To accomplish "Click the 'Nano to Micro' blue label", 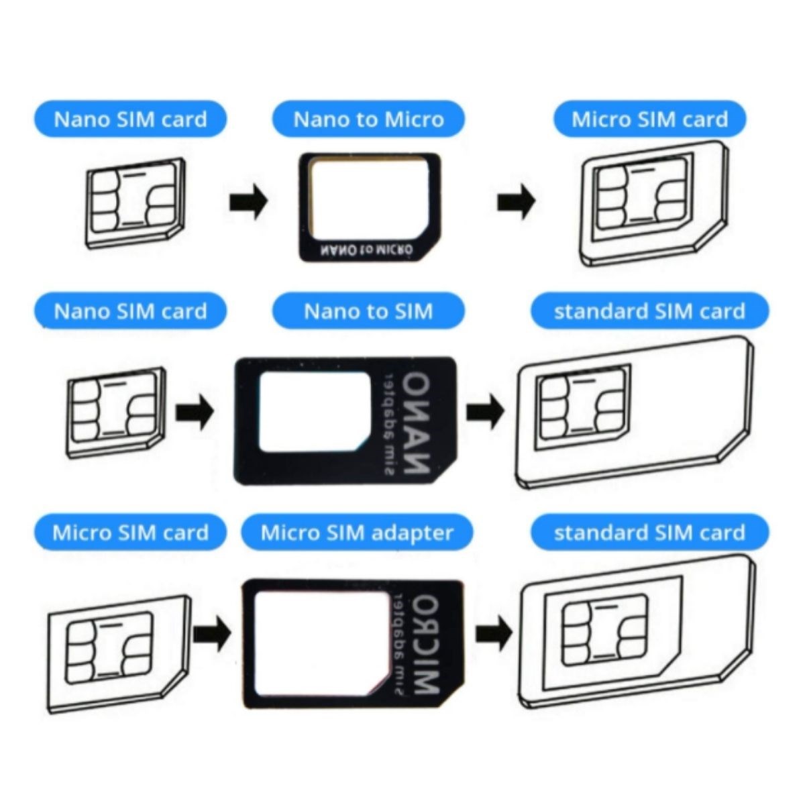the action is coord(368,119).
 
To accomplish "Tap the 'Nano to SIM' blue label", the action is coord(368,311).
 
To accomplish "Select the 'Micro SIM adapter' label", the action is coord(357,533).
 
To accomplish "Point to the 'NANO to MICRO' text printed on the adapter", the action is coord(366,250).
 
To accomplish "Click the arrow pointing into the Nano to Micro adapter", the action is coord(248,202).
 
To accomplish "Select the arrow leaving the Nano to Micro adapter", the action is coord(516,202).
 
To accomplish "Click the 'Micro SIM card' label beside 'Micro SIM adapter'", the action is coord(130,533).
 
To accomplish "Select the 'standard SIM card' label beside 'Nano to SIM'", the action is coord(649,311).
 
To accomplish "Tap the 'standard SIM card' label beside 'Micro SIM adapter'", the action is coord(649,533).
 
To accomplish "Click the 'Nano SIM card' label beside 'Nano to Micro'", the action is coord(130,119).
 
